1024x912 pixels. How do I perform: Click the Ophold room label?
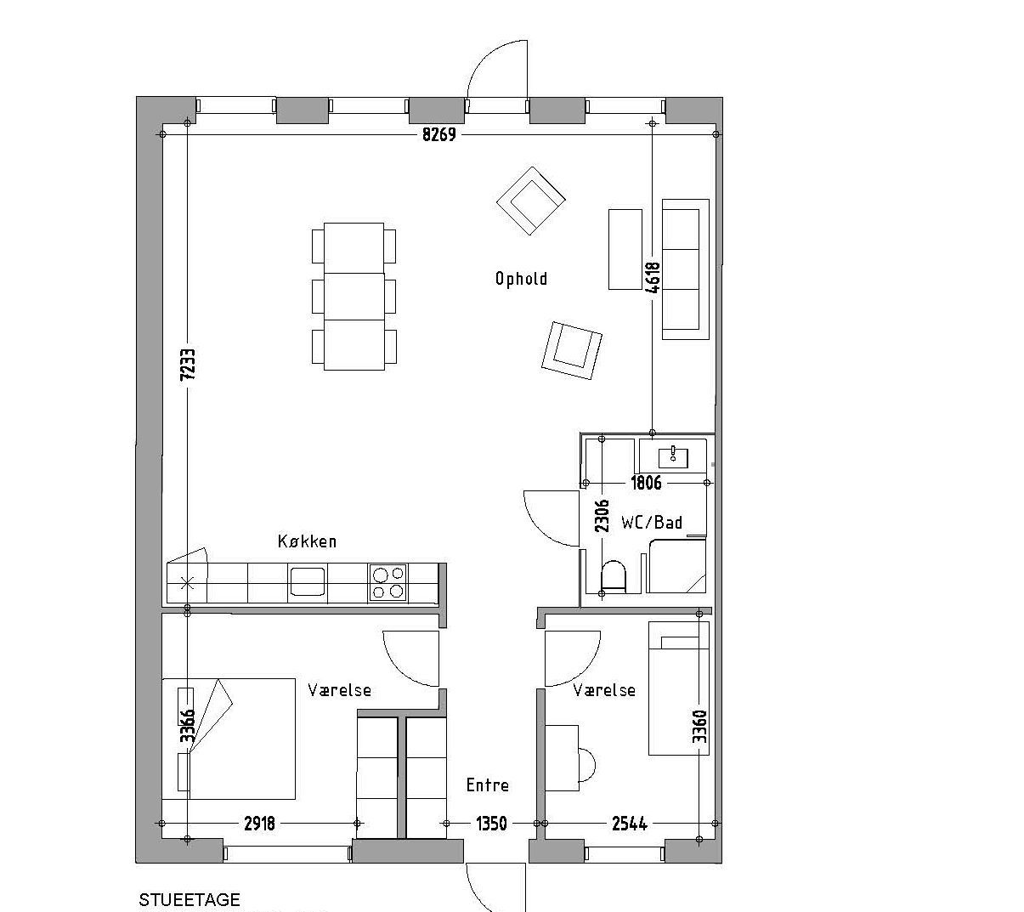(521, 279)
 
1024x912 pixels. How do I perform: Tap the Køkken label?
(307, 541)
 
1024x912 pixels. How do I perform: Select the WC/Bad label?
(652, 522)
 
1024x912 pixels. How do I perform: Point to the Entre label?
(487, 785)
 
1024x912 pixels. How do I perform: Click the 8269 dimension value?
(438, 134)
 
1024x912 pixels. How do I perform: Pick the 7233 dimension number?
(188, 364)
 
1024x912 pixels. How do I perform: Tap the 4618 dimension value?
(653, 278)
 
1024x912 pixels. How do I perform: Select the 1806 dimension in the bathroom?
(646, 484)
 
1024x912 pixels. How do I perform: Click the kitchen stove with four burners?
(388, 582)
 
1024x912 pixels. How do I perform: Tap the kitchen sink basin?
(308, 581)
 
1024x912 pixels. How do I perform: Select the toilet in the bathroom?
(614, 575)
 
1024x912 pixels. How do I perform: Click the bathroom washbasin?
(673, 457)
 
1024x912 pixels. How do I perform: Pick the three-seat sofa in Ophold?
(686, 269)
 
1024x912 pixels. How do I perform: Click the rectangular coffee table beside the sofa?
(625, 250)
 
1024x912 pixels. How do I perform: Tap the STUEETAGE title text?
(190, 900)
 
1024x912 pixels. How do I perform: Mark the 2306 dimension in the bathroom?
(602, 516)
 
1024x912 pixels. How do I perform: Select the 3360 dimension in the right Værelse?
(699, 727)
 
